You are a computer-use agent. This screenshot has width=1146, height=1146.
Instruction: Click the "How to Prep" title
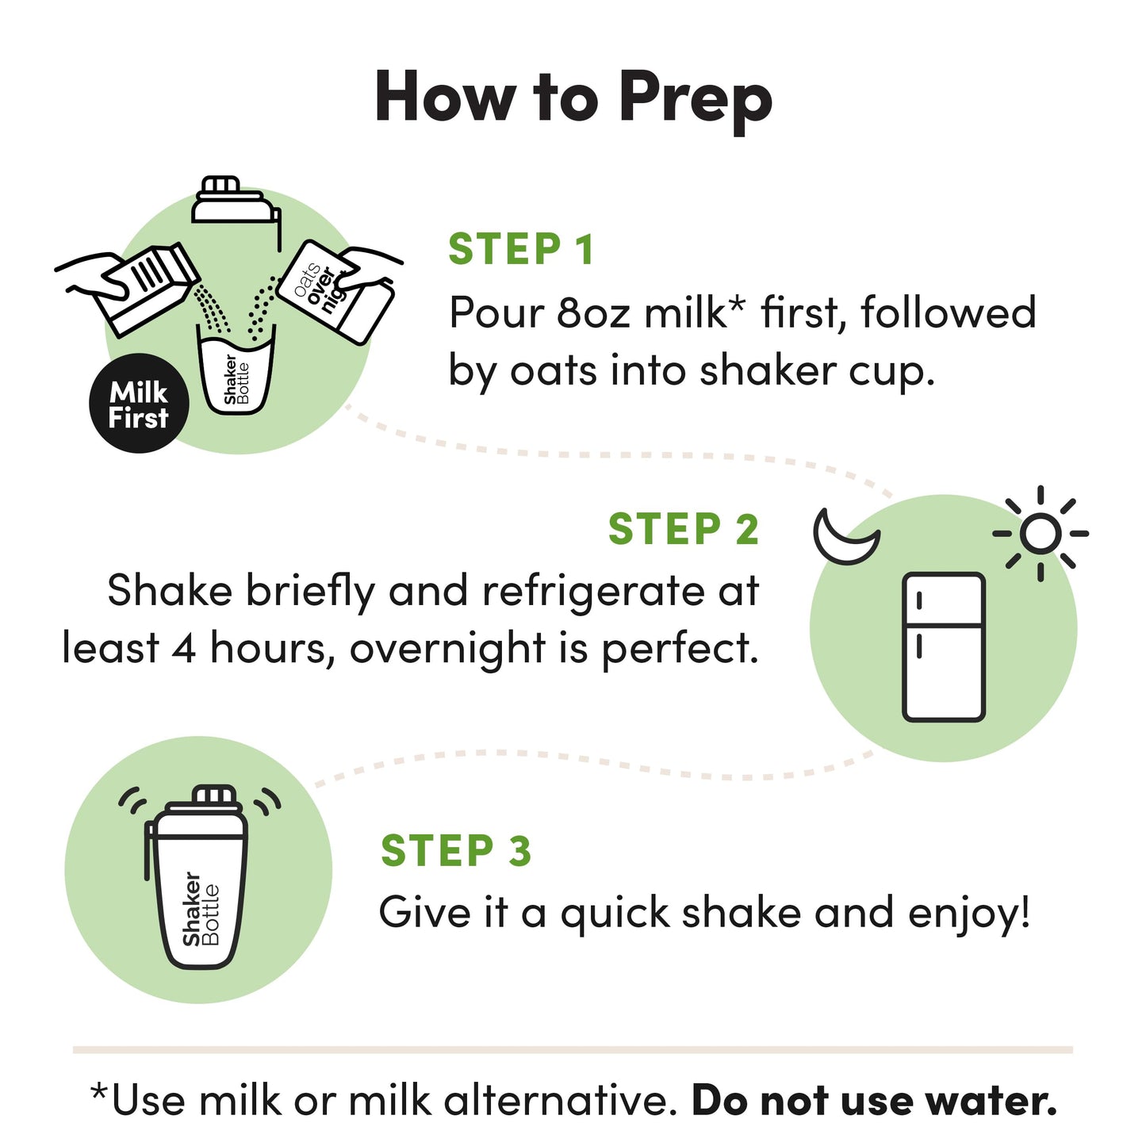point(573,98)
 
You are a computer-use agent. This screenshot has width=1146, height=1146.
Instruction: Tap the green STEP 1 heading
point(520,250)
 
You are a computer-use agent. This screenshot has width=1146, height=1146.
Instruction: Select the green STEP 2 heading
point(683,529)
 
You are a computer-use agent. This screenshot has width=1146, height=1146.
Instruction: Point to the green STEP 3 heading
point(455,851)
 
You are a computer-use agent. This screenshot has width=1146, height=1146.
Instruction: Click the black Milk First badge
point(139,404)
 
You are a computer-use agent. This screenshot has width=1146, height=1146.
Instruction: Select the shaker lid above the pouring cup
point(234,205)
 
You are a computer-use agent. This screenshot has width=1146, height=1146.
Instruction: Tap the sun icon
point(1040,534)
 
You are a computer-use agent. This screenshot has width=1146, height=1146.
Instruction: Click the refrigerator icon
point(944,646)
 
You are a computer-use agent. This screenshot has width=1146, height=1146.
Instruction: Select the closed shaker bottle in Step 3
point(198,880)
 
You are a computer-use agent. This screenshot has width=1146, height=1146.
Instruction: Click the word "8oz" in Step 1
point(595,312)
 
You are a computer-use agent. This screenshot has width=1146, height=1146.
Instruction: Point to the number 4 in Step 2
point(183,649)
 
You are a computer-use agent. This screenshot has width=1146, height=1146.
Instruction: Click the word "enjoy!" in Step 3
point(969,914)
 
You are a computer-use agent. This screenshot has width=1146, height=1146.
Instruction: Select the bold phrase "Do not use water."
point(874,1101)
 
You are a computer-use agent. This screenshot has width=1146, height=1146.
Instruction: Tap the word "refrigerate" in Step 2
point(592,592)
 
